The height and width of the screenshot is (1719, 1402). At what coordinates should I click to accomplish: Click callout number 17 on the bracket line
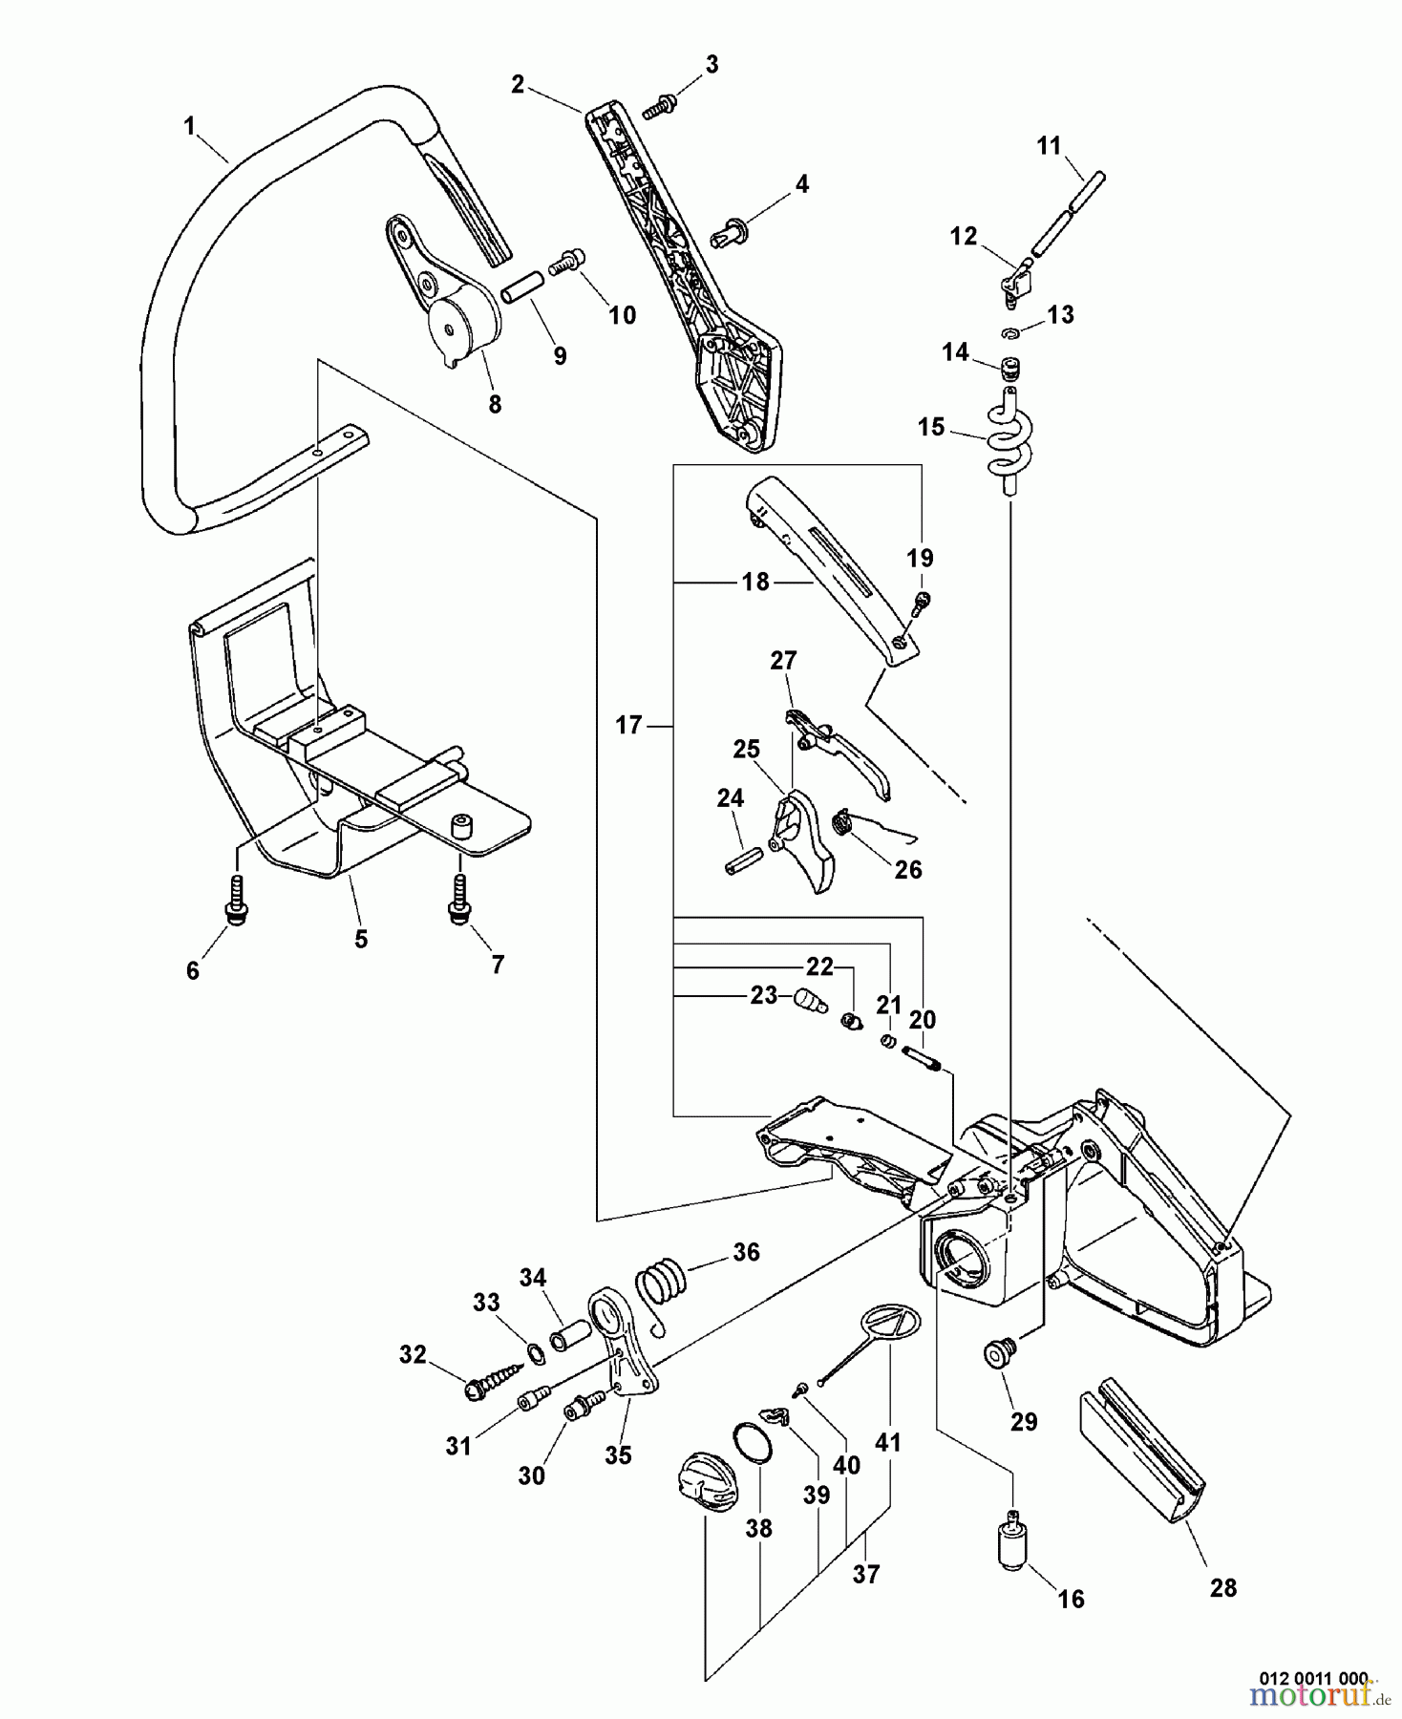point(627,726)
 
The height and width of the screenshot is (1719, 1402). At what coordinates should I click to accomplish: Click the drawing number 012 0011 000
point(1312,1676)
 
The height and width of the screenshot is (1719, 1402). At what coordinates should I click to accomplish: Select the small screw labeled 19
point(923,603)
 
